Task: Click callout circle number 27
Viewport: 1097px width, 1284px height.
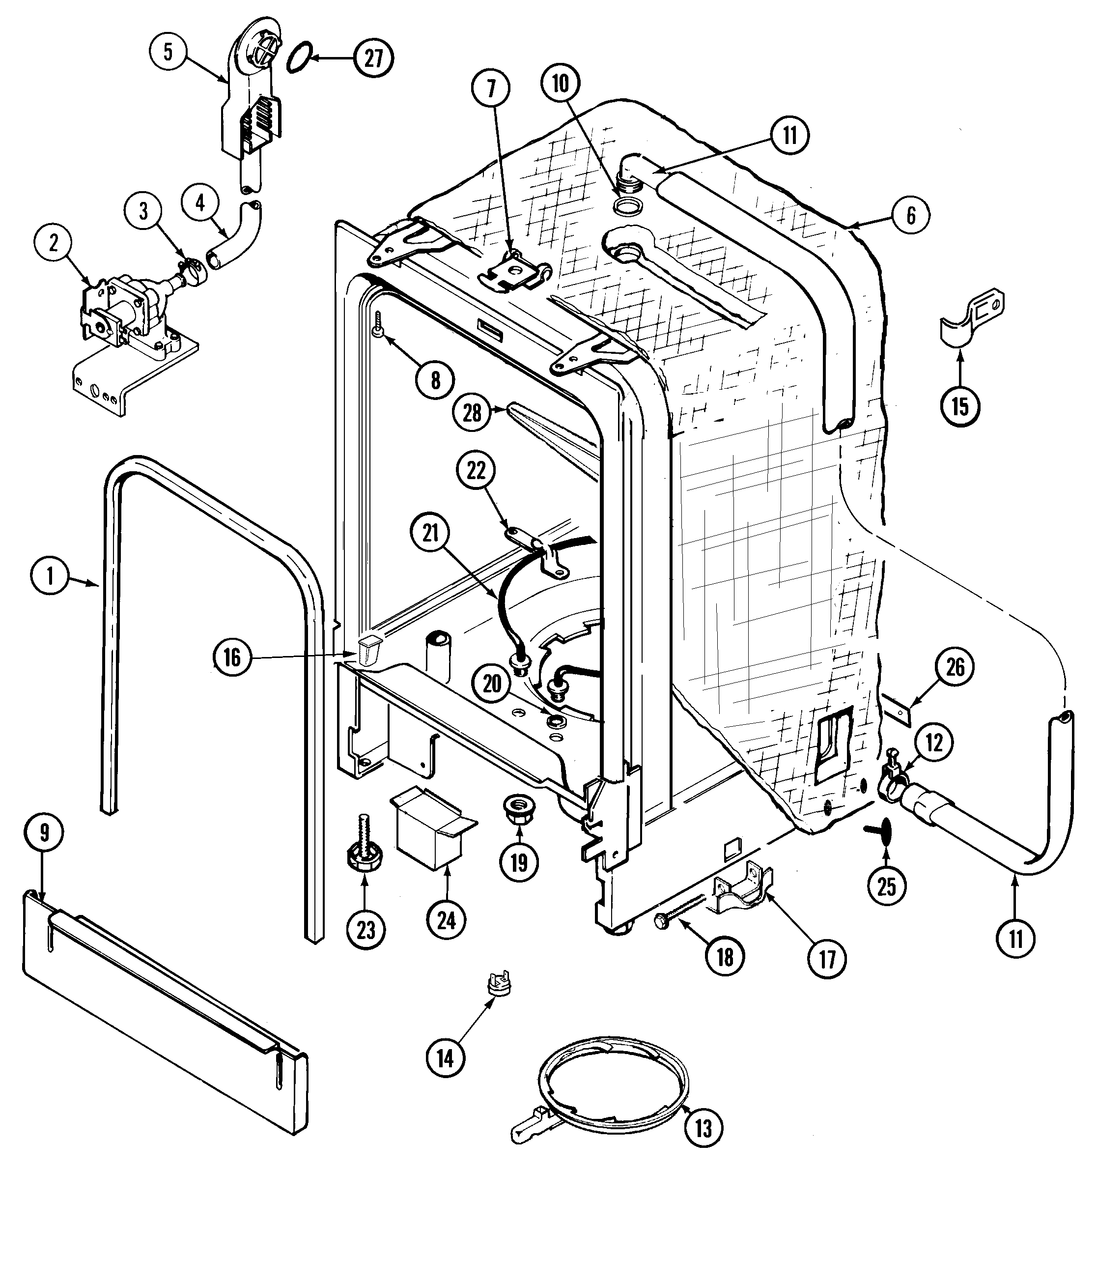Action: pyautogui.click(x=373, y=58)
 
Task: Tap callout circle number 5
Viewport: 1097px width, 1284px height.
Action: pyautogui.click(x=169, y=52)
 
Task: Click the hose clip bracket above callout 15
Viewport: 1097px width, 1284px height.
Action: pyautogui.click(x=971, y=318)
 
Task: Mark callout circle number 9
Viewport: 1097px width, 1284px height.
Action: pyautogui.click(x=45, y=832)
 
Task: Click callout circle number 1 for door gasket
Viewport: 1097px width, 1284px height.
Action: pyautogui.click(x=50, y=576)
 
